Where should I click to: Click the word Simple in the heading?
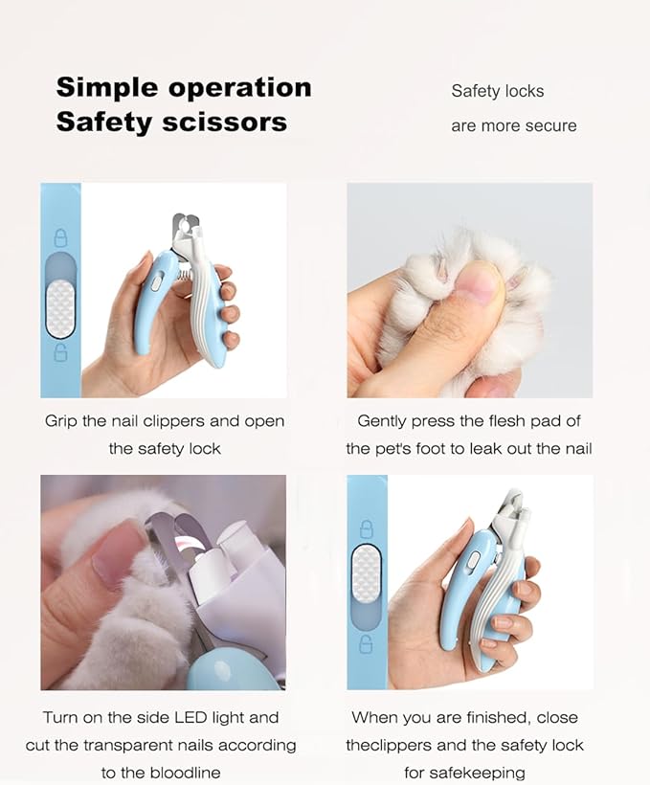(x=107, y=88)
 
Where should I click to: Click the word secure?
(x=549, y=125)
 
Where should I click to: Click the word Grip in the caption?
(x=61, y=421)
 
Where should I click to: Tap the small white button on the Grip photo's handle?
(x=153, y=283)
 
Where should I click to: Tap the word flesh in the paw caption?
(x=504, y=421)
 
